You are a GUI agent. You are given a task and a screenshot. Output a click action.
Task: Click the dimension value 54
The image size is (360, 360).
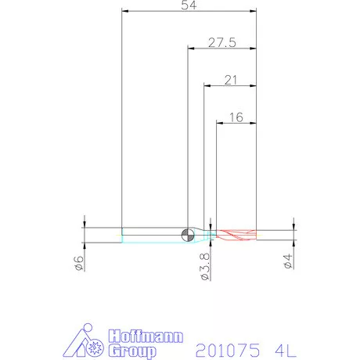[189, 5]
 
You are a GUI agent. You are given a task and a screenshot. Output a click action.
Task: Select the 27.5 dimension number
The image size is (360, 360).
[222, 42]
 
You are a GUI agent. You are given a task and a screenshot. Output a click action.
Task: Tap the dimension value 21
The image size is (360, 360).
[231, 80]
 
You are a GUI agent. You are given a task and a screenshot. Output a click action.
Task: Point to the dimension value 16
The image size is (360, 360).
[236, 117]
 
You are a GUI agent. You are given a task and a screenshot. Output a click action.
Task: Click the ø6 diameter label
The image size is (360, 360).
[79, 263]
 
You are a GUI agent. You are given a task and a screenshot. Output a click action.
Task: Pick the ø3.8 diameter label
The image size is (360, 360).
[205, 266]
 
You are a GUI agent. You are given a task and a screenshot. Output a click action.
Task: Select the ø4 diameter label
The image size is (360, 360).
[288, 261]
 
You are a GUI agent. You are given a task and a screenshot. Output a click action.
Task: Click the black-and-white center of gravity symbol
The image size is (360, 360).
[188, 235]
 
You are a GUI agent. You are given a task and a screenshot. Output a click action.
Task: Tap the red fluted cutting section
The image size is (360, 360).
[236, 235]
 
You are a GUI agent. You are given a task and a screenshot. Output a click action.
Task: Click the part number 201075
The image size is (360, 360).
[228, 350]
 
